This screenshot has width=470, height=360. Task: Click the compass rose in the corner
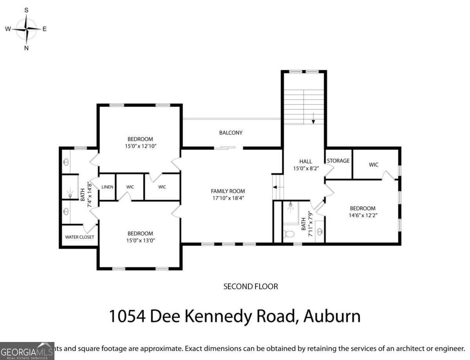tap(26, 29)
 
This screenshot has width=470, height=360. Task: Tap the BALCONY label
tap(231, 133)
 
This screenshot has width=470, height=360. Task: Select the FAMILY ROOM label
tap(228, 191)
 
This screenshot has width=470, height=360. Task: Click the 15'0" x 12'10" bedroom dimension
tap(140, 146)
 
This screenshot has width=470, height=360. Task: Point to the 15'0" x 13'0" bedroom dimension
tap(140, 240)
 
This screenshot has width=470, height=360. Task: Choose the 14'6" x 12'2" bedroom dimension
tap(362, 215)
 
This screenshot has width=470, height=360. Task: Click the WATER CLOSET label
tap(80, 237)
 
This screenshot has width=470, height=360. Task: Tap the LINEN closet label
tap(107, 187)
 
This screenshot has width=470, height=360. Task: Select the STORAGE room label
tap(338, 161)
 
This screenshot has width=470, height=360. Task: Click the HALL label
tap(305, 161)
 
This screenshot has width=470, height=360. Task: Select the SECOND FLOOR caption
tap(251, 286)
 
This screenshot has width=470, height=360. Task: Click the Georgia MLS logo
tap(27, 351)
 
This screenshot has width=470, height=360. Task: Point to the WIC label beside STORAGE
tap(374, 165)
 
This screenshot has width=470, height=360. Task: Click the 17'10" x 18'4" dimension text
tap(228, 198)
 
